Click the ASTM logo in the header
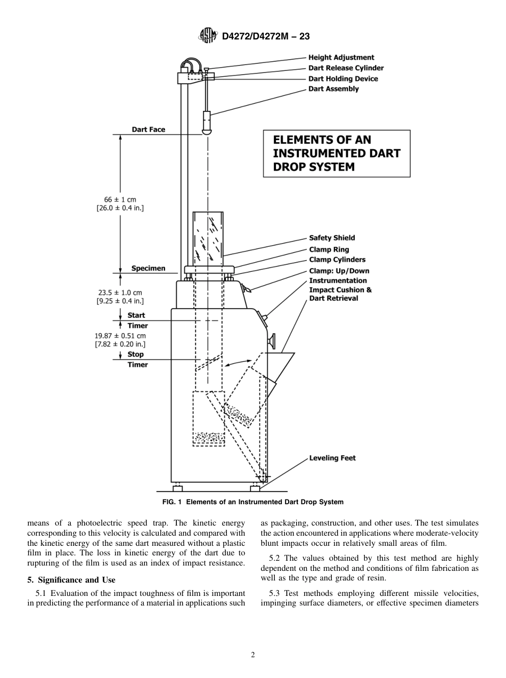pos(207,36)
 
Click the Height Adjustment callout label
pos(341,58)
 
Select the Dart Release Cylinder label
pos(346,68)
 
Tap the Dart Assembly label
pos(333,89)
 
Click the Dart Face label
pos(149,130)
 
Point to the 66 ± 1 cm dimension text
pos(120,199)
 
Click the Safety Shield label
pos(332,238)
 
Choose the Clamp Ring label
pos(329,249)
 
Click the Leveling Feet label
pos(332,458)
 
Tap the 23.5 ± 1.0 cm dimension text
pos(120,293)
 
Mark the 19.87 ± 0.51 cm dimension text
pos(120,336)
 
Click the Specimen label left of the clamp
pos(148,269)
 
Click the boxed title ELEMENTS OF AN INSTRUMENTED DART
pos(336,154)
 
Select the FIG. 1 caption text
pos(253,502)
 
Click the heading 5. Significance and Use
pos(71,580)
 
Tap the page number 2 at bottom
pos(253,655)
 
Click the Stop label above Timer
pos(135,354)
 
